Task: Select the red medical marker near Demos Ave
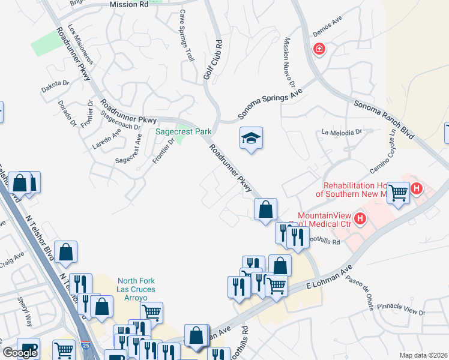click(318, 49)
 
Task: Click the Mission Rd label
click(129, 4)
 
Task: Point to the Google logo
click(20, 353)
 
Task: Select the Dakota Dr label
click(55, 87)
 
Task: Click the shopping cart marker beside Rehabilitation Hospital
click(398, 193)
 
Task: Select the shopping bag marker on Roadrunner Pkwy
click(265, 210)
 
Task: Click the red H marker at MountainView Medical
click(360, 218)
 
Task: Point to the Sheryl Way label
click(26, 311)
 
